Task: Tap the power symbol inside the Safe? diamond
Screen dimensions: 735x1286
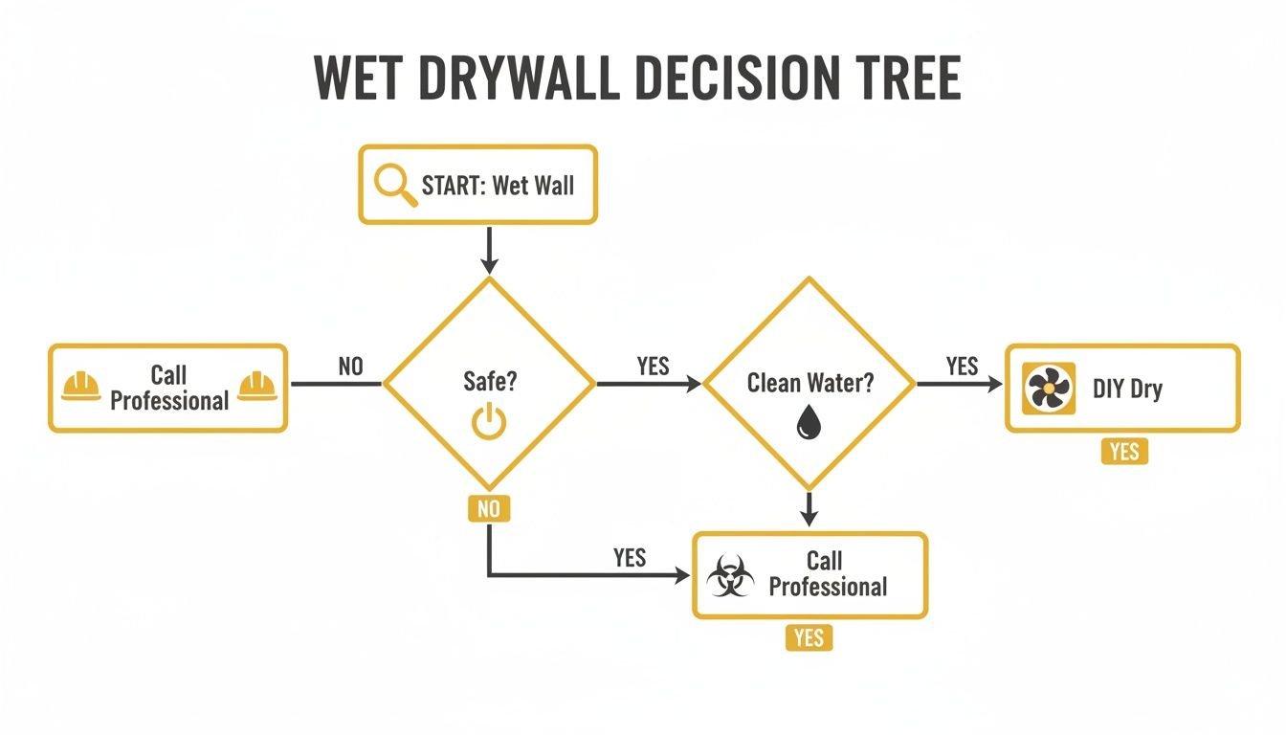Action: (x=489, y=422)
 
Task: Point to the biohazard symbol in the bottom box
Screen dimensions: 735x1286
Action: (x=730, y=576)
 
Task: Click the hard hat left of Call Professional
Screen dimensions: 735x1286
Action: (x=80, y=386)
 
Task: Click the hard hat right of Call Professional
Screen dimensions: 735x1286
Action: (x=256, y=386)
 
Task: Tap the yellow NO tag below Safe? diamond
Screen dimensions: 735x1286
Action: (x=489, y=509)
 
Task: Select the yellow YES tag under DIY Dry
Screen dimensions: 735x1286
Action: (x=1124, y=451)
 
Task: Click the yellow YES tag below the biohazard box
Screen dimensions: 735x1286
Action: (x=809, y=637)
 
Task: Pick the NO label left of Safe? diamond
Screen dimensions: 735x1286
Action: (x=350, y=367)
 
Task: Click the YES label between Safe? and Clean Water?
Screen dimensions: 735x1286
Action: (x=653, y=367)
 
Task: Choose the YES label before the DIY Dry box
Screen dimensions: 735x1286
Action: (x=962, y=367)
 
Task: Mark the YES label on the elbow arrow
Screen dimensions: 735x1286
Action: (x=630, y=558)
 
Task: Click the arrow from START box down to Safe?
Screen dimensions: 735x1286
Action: (x=489, y=251)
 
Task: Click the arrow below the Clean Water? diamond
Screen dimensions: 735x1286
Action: (x=809, y=508)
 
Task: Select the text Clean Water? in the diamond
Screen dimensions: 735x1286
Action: (x=809, y=384)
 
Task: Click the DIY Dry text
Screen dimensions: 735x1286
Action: (x=1127, y=390)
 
